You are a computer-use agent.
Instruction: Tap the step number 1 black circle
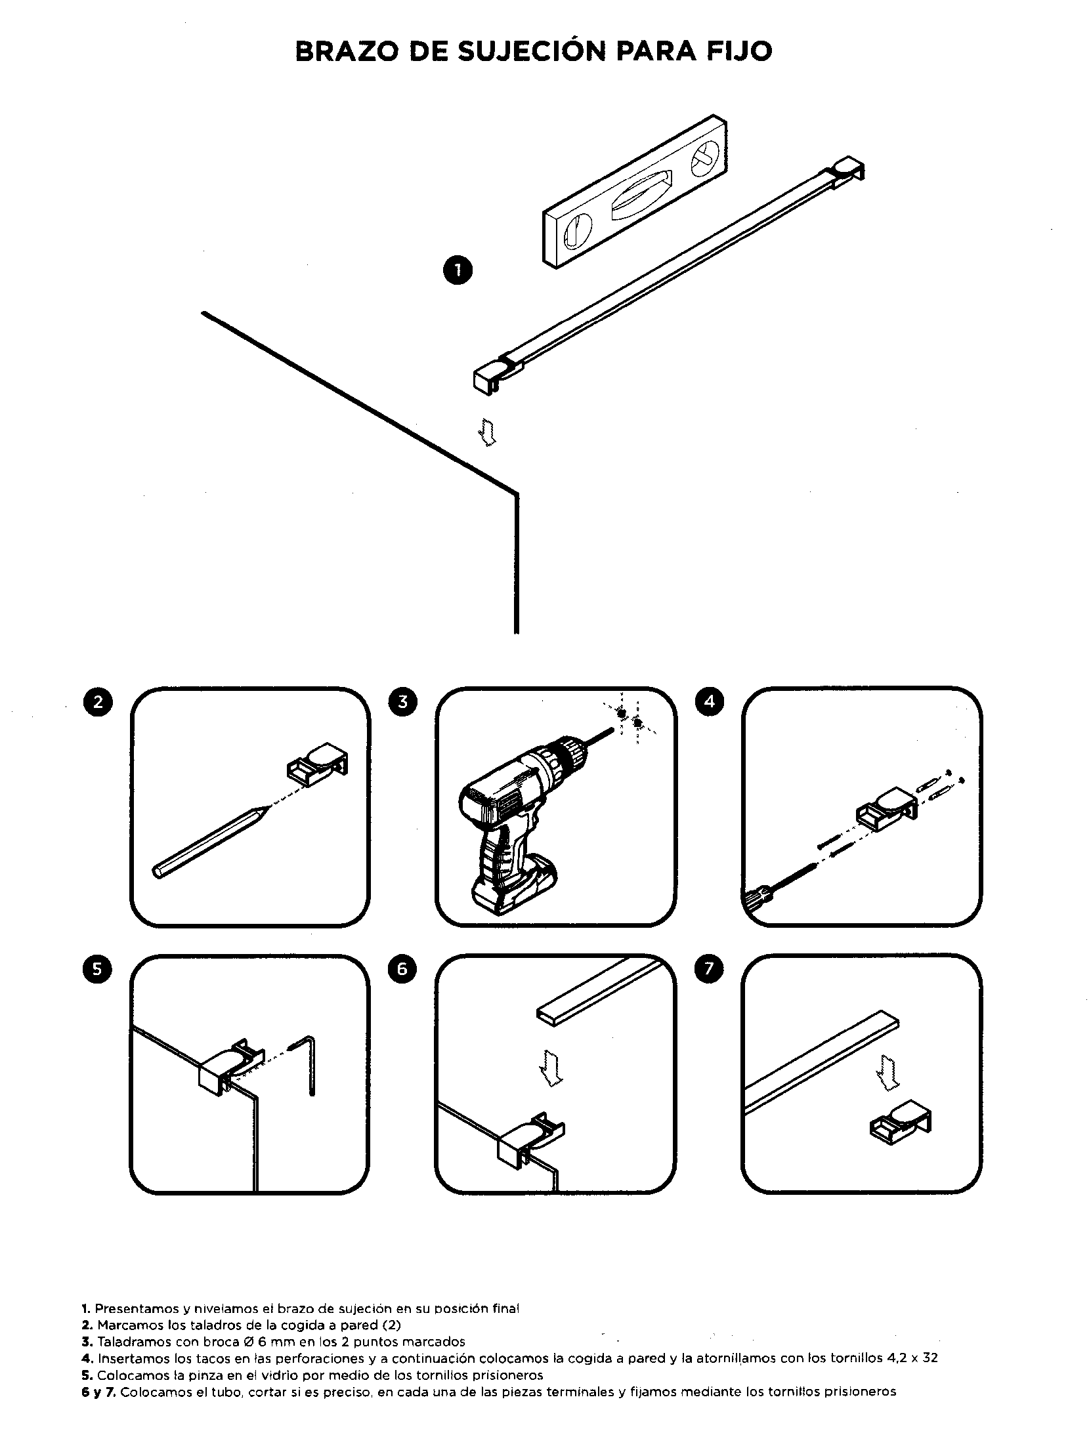(x=458, y=270)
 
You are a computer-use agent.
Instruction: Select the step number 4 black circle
(x=709, y=702)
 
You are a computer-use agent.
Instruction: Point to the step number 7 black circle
(x=709, y=969)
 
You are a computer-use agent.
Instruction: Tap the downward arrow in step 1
(x=487, y=431)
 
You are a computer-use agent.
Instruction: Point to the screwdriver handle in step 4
(x=752, y=898)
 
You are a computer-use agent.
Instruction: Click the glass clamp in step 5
(x=227, y=1067)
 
